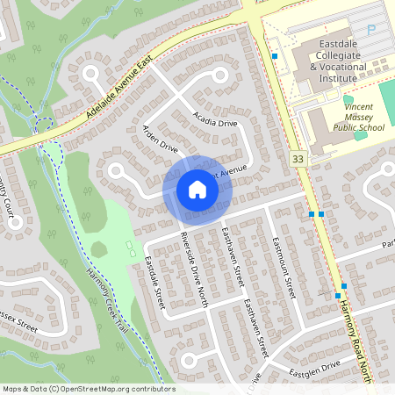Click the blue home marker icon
197,189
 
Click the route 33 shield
299,159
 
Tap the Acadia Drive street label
215,117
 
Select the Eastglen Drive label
318,368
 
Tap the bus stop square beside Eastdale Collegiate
275,57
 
